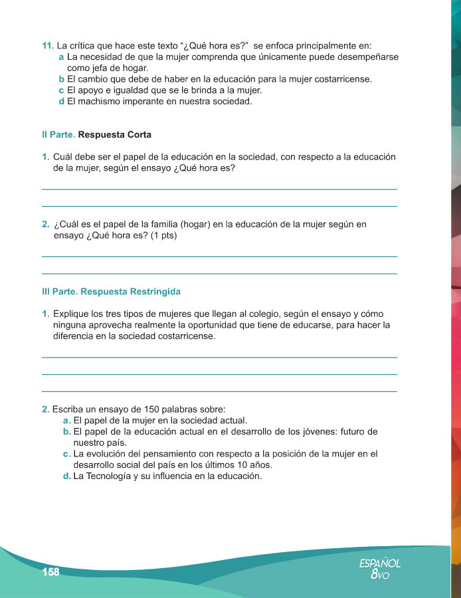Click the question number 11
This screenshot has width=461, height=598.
[47, 46]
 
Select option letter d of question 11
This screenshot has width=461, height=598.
[61, 102]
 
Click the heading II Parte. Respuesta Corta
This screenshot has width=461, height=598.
[96, 135]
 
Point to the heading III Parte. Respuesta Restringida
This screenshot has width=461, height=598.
[111, 292]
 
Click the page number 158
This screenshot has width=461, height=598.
[50, 573]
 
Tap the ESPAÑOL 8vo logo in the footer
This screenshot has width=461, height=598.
[380, 569]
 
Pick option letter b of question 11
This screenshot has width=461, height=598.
[61, 79]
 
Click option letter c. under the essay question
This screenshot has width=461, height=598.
[67, 454]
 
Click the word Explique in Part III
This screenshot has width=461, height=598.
[72, 314]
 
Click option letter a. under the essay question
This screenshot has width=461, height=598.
[67, 420]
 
